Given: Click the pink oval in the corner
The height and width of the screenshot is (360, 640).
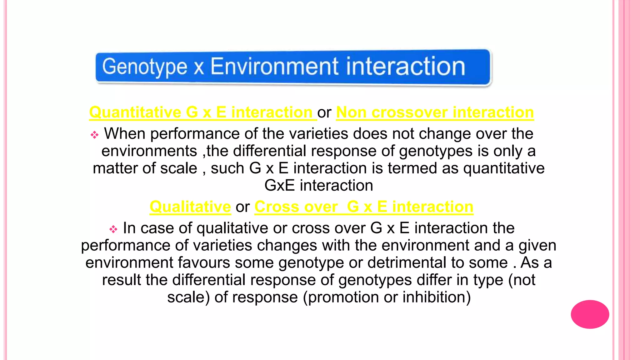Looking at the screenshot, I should [590, 314].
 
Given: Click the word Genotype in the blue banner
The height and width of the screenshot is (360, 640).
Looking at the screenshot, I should [145, 67].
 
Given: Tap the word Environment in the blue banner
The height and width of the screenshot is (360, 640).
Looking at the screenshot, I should [274, 67].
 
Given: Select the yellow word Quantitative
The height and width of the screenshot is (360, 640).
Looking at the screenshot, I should [135, 112].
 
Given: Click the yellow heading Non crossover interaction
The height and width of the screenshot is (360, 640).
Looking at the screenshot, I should [435, 112].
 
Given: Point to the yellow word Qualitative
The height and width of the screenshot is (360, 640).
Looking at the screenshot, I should [190, 207].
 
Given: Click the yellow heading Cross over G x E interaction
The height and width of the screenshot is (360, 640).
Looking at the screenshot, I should [364, 207].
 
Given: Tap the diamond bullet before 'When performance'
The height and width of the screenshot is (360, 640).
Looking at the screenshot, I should [94, 135].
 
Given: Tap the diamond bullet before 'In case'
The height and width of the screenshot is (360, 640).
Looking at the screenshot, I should [113, 229].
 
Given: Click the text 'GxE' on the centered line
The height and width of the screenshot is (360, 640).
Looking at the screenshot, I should [279, 186].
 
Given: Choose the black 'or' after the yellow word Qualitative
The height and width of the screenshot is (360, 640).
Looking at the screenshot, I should [242, 207].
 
